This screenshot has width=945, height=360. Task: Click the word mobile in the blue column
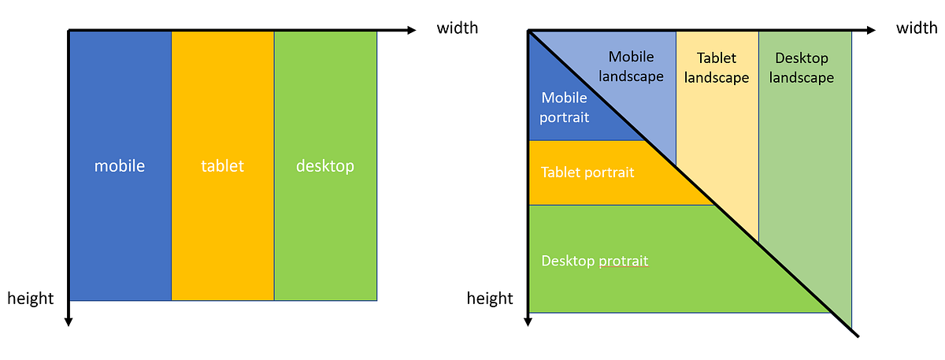(x=120, y=166)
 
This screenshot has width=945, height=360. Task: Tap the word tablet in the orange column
(x=222, y=166)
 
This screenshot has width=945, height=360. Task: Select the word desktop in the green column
(x=325, y=166)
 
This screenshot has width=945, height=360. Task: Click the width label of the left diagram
(x=458, y=28)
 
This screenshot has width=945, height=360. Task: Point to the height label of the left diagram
(x=31, y=298)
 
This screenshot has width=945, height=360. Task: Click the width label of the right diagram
(x=917, y=28)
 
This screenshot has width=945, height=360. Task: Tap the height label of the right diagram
(x=490, y=298)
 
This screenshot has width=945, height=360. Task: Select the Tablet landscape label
(x=717, y=68)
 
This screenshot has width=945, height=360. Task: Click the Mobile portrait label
(x=564, y=107)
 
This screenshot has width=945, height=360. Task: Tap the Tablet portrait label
(x=587, y=172)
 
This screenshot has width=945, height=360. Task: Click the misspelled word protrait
(x=623, y=261)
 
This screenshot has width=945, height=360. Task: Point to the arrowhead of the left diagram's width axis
(x=411, y=31)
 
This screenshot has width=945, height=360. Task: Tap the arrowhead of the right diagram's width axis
(x=870, y=31)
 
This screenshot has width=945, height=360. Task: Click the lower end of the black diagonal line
(x=856, y=336)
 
